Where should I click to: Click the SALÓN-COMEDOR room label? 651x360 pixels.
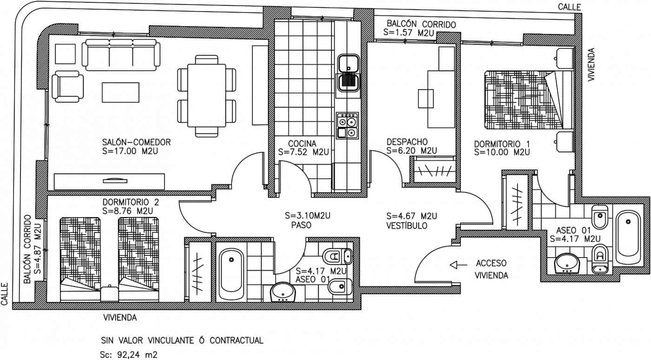136,142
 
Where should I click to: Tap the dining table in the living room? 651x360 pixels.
206,96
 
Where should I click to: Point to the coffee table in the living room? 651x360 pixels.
120,93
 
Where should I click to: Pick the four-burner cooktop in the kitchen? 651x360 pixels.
347,126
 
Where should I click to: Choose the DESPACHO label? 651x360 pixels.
407,141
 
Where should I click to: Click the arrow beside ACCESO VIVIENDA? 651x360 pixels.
458,265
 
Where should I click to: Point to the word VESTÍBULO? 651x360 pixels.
407,226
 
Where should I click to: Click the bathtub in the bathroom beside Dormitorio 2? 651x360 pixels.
231,276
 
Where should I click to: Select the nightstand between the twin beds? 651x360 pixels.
109,293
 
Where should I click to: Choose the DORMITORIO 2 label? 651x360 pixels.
131,202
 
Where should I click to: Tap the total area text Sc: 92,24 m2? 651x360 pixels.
129,354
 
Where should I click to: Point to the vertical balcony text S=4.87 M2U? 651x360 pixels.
38,247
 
